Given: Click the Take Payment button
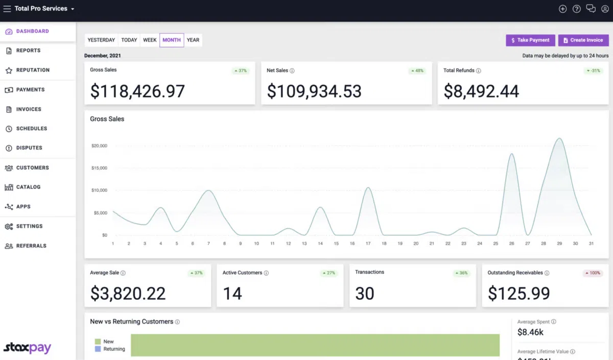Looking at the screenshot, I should click(530, 40).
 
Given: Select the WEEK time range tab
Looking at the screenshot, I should click(150, 40).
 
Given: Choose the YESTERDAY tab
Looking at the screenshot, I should click(101, 40).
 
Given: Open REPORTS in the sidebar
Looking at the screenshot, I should click(28, 51).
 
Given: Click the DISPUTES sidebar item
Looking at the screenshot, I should click(29, 148).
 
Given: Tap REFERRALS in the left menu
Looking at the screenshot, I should click(31, 246).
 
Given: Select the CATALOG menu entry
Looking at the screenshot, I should click(28, 187).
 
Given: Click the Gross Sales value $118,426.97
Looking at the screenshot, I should click(137, 91).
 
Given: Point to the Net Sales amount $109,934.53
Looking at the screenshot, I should click(314, 91).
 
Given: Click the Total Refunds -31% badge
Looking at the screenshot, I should click(593, 71).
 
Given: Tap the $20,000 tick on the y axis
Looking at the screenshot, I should click(99, 146).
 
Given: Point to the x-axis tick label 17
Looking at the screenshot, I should click(368, 244).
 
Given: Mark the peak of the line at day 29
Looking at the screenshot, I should click(559, 138).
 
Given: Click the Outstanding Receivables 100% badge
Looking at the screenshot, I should click(593, 273).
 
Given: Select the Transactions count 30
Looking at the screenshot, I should click(365, 294).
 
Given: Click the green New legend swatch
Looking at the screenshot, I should click(98, 342).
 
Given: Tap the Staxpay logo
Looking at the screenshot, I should click(28, 348).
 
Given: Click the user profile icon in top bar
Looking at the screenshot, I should click(605, 9).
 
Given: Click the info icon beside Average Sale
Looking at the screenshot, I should click(123, 273).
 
